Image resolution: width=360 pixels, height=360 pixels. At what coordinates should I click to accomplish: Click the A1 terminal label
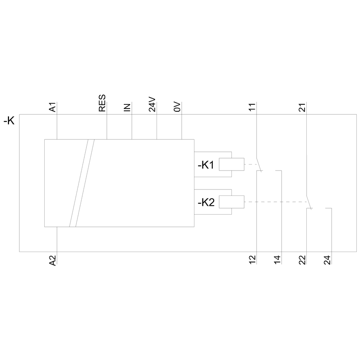(x=52, y=107)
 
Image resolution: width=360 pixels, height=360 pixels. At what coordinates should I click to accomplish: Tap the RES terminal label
(x=102, y=103)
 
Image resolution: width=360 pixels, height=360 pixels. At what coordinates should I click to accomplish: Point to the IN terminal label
(x=127, y=107)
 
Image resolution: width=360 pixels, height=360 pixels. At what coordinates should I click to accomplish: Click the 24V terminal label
(x=152, y=104)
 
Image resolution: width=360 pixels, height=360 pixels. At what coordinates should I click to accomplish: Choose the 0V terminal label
(x=177, y=107)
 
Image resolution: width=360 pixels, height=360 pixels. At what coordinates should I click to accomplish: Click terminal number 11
(x=252, y=107)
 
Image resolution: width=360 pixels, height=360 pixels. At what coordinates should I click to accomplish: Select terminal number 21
(x=302, y=107)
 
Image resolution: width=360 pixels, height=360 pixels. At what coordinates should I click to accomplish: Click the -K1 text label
(x=206, y=165)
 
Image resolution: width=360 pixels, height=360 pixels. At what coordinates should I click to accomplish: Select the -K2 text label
(x=206, y=203)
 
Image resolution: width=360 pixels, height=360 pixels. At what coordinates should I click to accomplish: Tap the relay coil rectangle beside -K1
(x=231, y=164)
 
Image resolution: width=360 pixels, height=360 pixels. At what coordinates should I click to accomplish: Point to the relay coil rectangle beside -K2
(x=231, y=202)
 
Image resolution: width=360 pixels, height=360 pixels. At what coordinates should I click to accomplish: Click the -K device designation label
(x=9, y=121)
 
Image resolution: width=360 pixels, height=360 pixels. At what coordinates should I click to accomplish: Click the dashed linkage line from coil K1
(x=250, y=164)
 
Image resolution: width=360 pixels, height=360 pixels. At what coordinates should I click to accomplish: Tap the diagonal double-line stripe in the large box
(x=82, y=183)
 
